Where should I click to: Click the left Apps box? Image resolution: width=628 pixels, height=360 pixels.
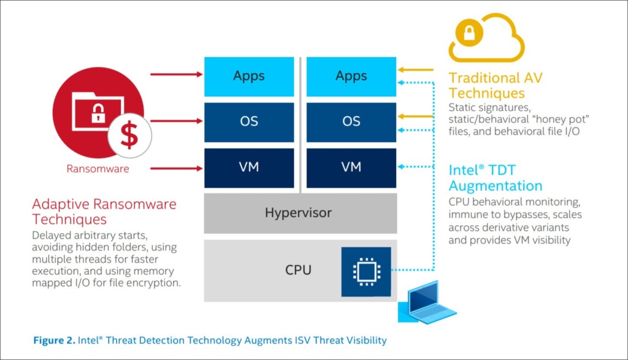point(249,76)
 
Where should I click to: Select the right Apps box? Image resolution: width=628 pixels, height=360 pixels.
point(351,76)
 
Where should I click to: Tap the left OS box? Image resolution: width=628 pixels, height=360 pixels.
point(249,121)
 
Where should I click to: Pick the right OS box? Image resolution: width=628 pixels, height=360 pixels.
point(351,121)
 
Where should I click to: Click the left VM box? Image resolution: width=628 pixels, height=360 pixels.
point(249,166)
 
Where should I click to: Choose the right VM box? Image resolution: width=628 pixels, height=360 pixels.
point(351,166)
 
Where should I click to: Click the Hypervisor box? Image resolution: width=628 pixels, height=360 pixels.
point(298,213)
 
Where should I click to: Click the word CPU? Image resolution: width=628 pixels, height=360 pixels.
point(298,270)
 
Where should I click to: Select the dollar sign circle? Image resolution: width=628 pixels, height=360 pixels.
point(129,136)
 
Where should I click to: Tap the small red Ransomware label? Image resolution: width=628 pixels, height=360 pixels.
point(98,169)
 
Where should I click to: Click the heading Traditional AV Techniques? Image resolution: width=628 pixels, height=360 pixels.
point(495,86)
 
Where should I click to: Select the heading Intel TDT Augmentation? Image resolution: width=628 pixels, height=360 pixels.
point(495,178)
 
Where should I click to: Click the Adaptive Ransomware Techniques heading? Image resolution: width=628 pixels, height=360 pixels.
point(104,212)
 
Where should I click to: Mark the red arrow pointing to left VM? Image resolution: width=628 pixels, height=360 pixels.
point(176,167)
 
